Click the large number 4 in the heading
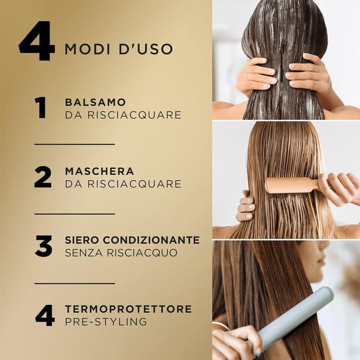tap(37, 41)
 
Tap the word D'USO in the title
tap(146, 49)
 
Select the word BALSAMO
tap(95, 102)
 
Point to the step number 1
tap(41, 107)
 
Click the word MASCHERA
tap(100, 171)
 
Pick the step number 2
tap(43, 177)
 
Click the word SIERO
tap(82, 240)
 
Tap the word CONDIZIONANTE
tap(151, 240)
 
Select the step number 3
tap(44, 246)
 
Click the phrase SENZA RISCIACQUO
tap(121, 253)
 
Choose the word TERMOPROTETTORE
tap(128, 309)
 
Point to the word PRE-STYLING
tap(106, 322)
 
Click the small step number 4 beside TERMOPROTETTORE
tap(45, 316)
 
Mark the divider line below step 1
tap(75, 145)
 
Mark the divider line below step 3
tap(75, 283)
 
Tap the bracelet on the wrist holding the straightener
tap(221, 326)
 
